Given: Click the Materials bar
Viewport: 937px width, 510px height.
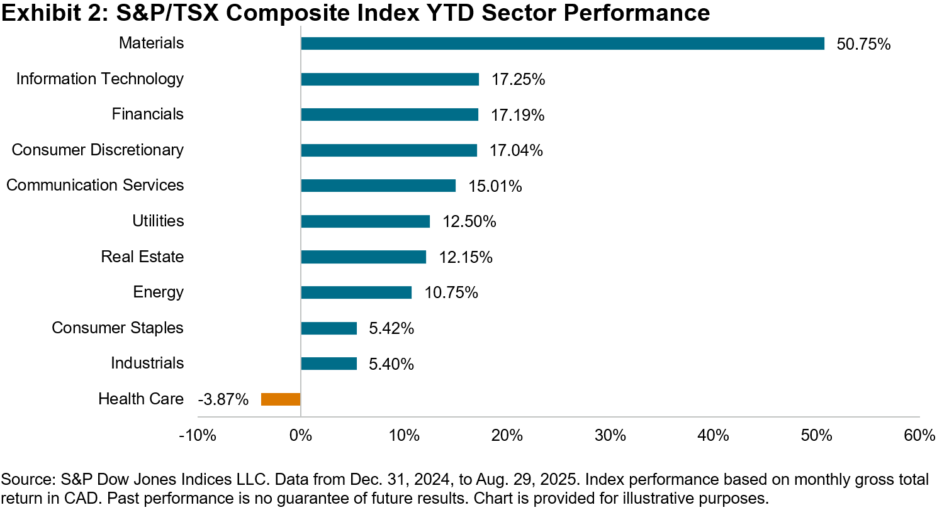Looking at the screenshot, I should (563, 43).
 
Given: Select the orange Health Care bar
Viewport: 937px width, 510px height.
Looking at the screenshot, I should (281, 399).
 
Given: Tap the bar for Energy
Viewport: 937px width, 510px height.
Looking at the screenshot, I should (356, 292).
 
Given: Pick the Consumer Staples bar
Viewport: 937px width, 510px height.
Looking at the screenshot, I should (328, 328).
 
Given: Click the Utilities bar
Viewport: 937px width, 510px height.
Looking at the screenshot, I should (365, 221).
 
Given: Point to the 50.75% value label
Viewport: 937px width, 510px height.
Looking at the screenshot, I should (863, 45).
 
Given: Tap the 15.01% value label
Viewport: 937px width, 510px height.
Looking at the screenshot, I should (495, 187).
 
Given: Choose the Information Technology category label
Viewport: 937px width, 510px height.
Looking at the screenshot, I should (100, 79).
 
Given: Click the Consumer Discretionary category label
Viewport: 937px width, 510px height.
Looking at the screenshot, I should (98, 150).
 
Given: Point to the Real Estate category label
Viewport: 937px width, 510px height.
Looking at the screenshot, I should (142, 257).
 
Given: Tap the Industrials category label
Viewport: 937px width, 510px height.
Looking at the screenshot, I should (147, 363).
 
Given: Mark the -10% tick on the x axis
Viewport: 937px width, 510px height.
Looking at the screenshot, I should (198, 436).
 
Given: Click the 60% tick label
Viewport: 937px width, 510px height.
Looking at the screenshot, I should (919, 436).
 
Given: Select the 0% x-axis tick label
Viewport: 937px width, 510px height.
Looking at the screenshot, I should (301, 436).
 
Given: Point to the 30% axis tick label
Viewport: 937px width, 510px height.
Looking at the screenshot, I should (610, 436).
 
